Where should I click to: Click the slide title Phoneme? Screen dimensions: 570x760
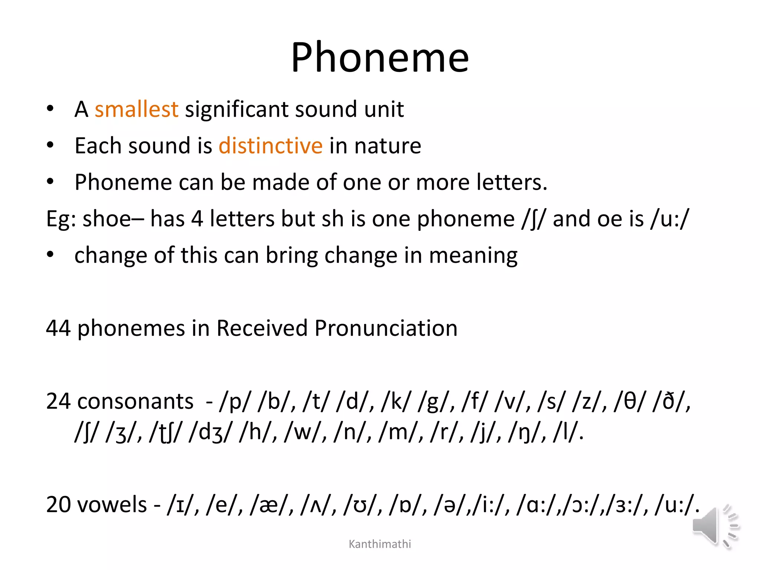point(380,58)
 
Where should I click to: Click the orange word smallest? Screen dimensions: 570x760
point(136,109)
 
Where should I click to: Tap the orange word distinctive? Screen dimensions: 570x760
point(271,145)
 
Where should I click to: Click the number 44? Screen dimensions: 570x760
point(58,328)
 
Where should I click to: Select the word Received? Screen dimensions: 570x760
point(262,328)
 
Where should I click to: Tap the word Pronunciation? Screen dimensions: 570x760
point(386,328)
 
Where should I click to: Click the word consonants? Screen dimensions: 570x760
point(135,402)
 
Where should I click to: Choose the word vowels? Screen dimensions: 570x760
point(112,505)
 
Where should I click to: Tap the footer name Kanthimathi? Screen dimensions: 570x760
point(380,544)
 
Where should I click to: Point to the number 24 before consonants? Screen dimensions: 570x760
point(58,402)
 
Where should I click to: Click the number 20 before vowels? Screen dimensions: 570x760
point(58,505)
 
